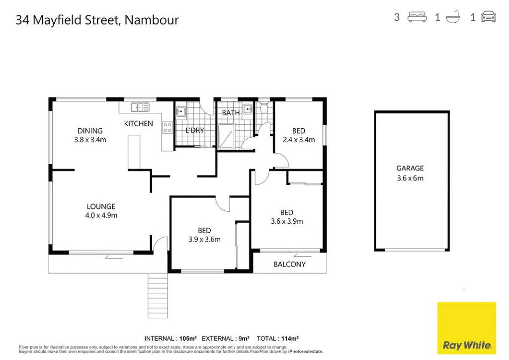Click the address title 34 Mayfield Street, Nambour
(97, 20)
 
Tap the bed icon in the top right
(417, 17)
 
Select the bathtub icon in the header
(453, 17)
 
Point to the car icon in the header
(489, 17)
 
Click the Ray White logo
(466, 328)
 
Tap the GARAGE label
(410, 168)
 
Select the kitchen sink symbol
(140, 107)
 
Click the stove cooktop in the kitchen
(167, 128)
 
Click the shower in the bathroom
(226, 137)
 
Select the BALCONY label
(290, 264)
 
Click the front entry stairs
(158, 296)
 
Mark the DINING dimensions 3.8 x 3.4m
(90, 140)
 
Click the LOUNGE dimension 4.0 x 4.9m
(101, 215)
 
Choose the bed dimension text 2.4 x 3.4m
(299, 140)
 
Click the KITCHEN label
(138, 123)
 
